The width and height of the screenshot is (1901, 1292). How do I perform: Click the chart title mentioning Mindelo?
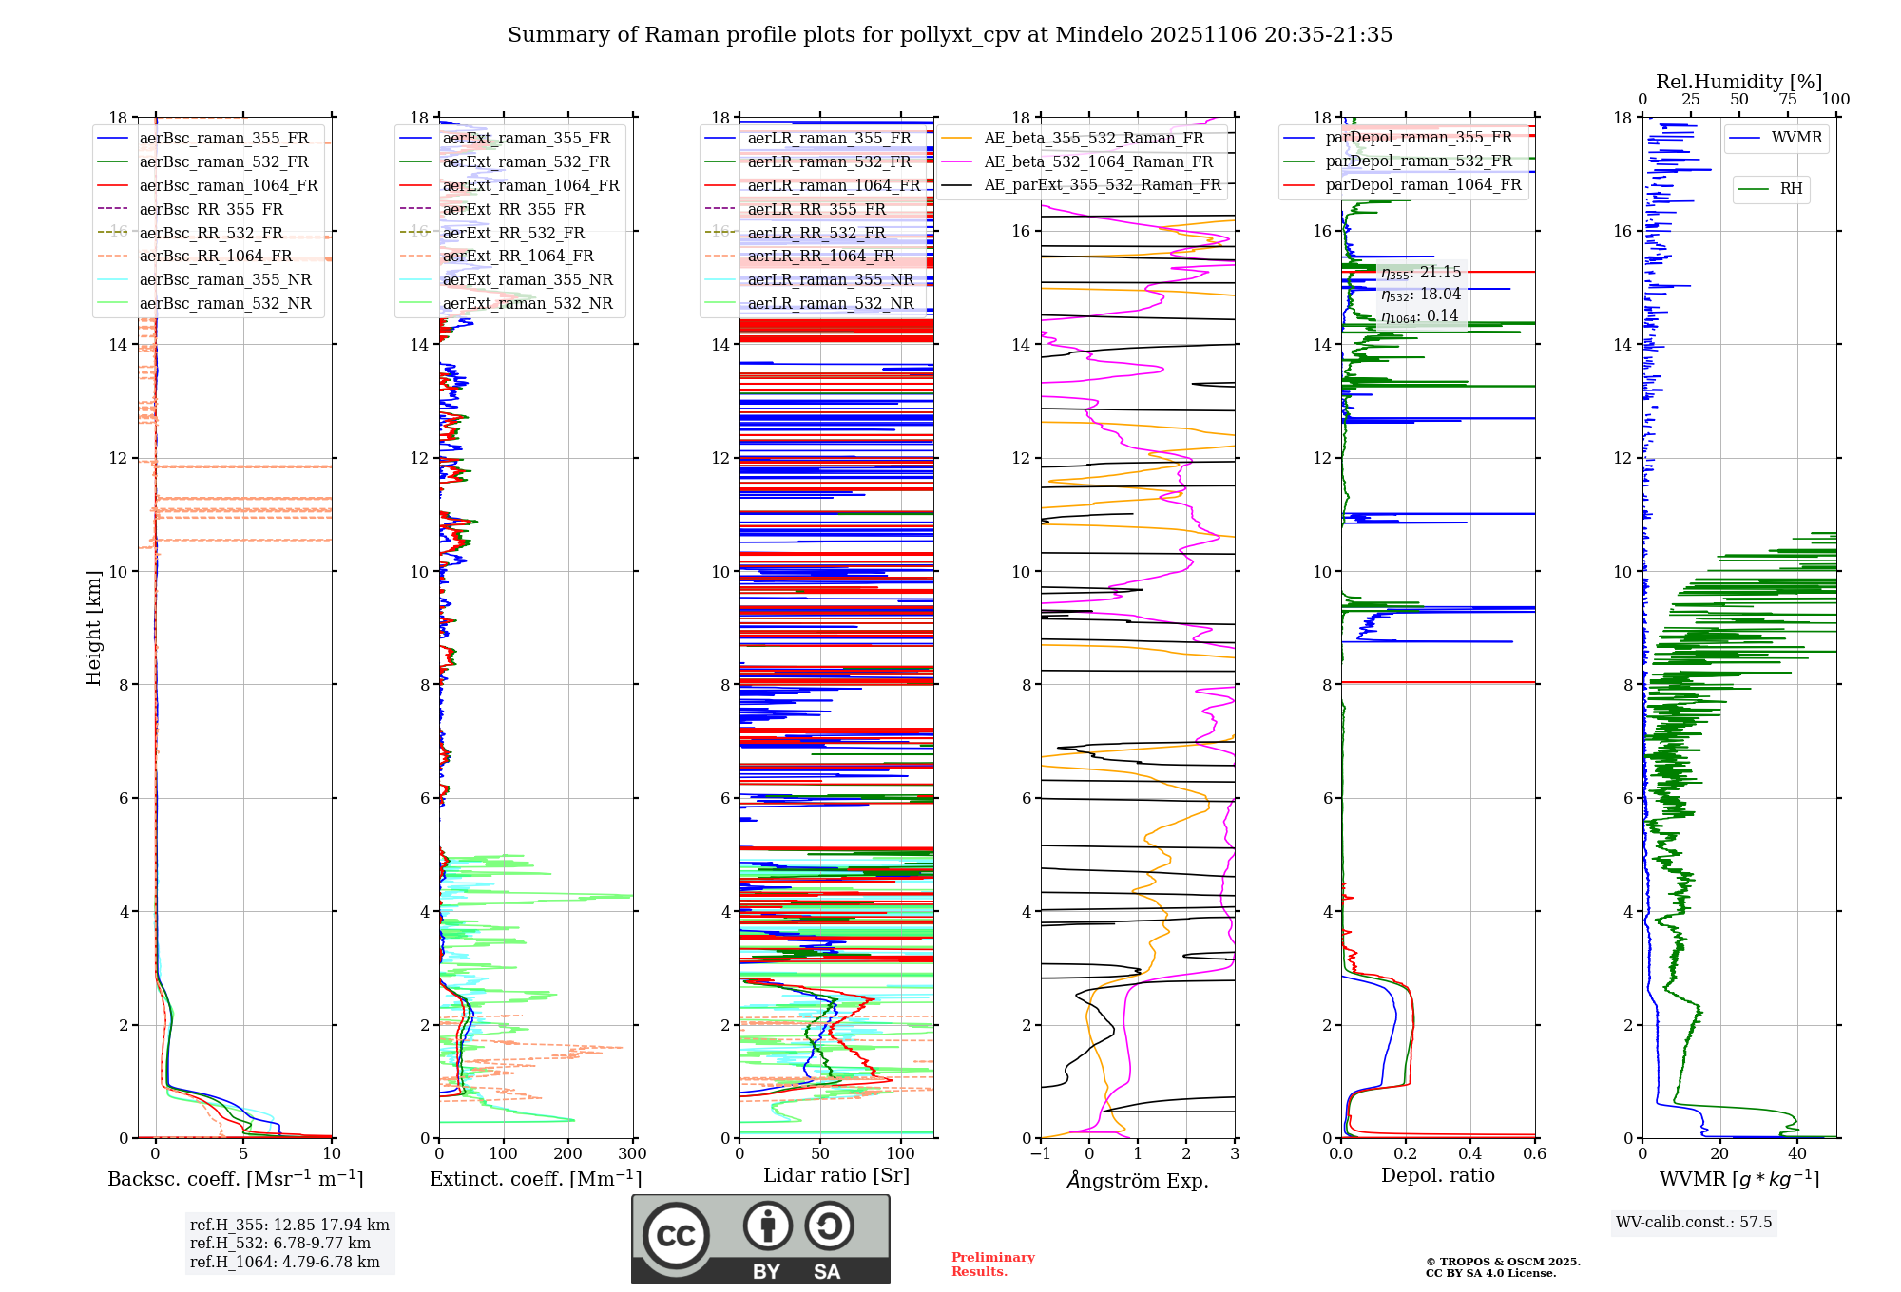(950, 35)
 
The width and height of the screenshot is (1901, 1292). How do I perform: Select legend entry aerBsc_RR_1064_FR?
(215, 256)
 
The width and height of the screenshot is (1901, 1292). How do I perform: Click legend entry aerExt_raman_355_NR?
(528, 280)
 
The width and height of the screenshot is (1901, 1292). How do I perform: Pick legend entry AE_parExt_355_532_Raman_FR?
(1102, 185)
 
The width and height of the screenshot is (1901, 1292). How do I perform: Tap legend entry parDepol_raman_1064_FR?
(1423, 185)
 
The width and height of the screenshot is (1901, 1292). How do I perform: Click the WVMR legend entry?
(1796, 138)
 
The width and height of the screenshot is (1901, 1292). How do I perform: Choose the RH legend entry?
(1791, 189)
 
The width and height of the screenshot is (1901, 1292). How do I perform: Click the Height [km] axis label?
(93, 628)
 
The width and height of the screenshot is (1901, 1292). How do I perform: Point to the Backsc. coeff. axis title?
(235, 1179)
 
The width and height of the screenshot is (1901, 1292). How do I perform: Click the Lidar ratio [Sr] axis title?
(835, 1175)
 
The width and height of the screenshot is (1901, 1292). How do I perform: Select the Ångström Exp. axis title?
(1138, 1181)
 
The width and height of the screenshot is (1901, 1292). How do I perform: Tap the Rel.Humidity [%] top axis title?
(1738, 82)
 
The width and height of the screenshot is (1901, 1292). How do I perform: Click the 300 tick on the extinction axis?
(632, 1154)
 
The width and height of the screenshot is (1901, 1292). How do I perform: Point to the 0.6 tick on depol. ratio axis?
(1534, 1154)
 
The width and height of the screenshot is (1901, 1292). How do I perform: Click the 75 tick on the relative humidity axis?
(1788, 100)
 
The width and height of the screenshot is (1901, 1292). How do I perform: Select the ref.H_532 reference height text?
(279, 1244)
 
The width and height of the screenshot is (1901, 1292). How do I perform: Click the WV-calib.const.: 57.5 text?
(1694, 1223)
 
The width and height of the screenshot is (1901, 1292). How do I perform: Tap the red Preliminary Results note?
(992, 1264)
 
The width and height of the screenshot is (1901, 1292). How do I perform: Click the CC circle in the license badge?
(676, 1236)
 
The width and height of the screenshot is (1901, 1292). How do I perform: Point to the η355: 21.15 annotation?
(1421, 273)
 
